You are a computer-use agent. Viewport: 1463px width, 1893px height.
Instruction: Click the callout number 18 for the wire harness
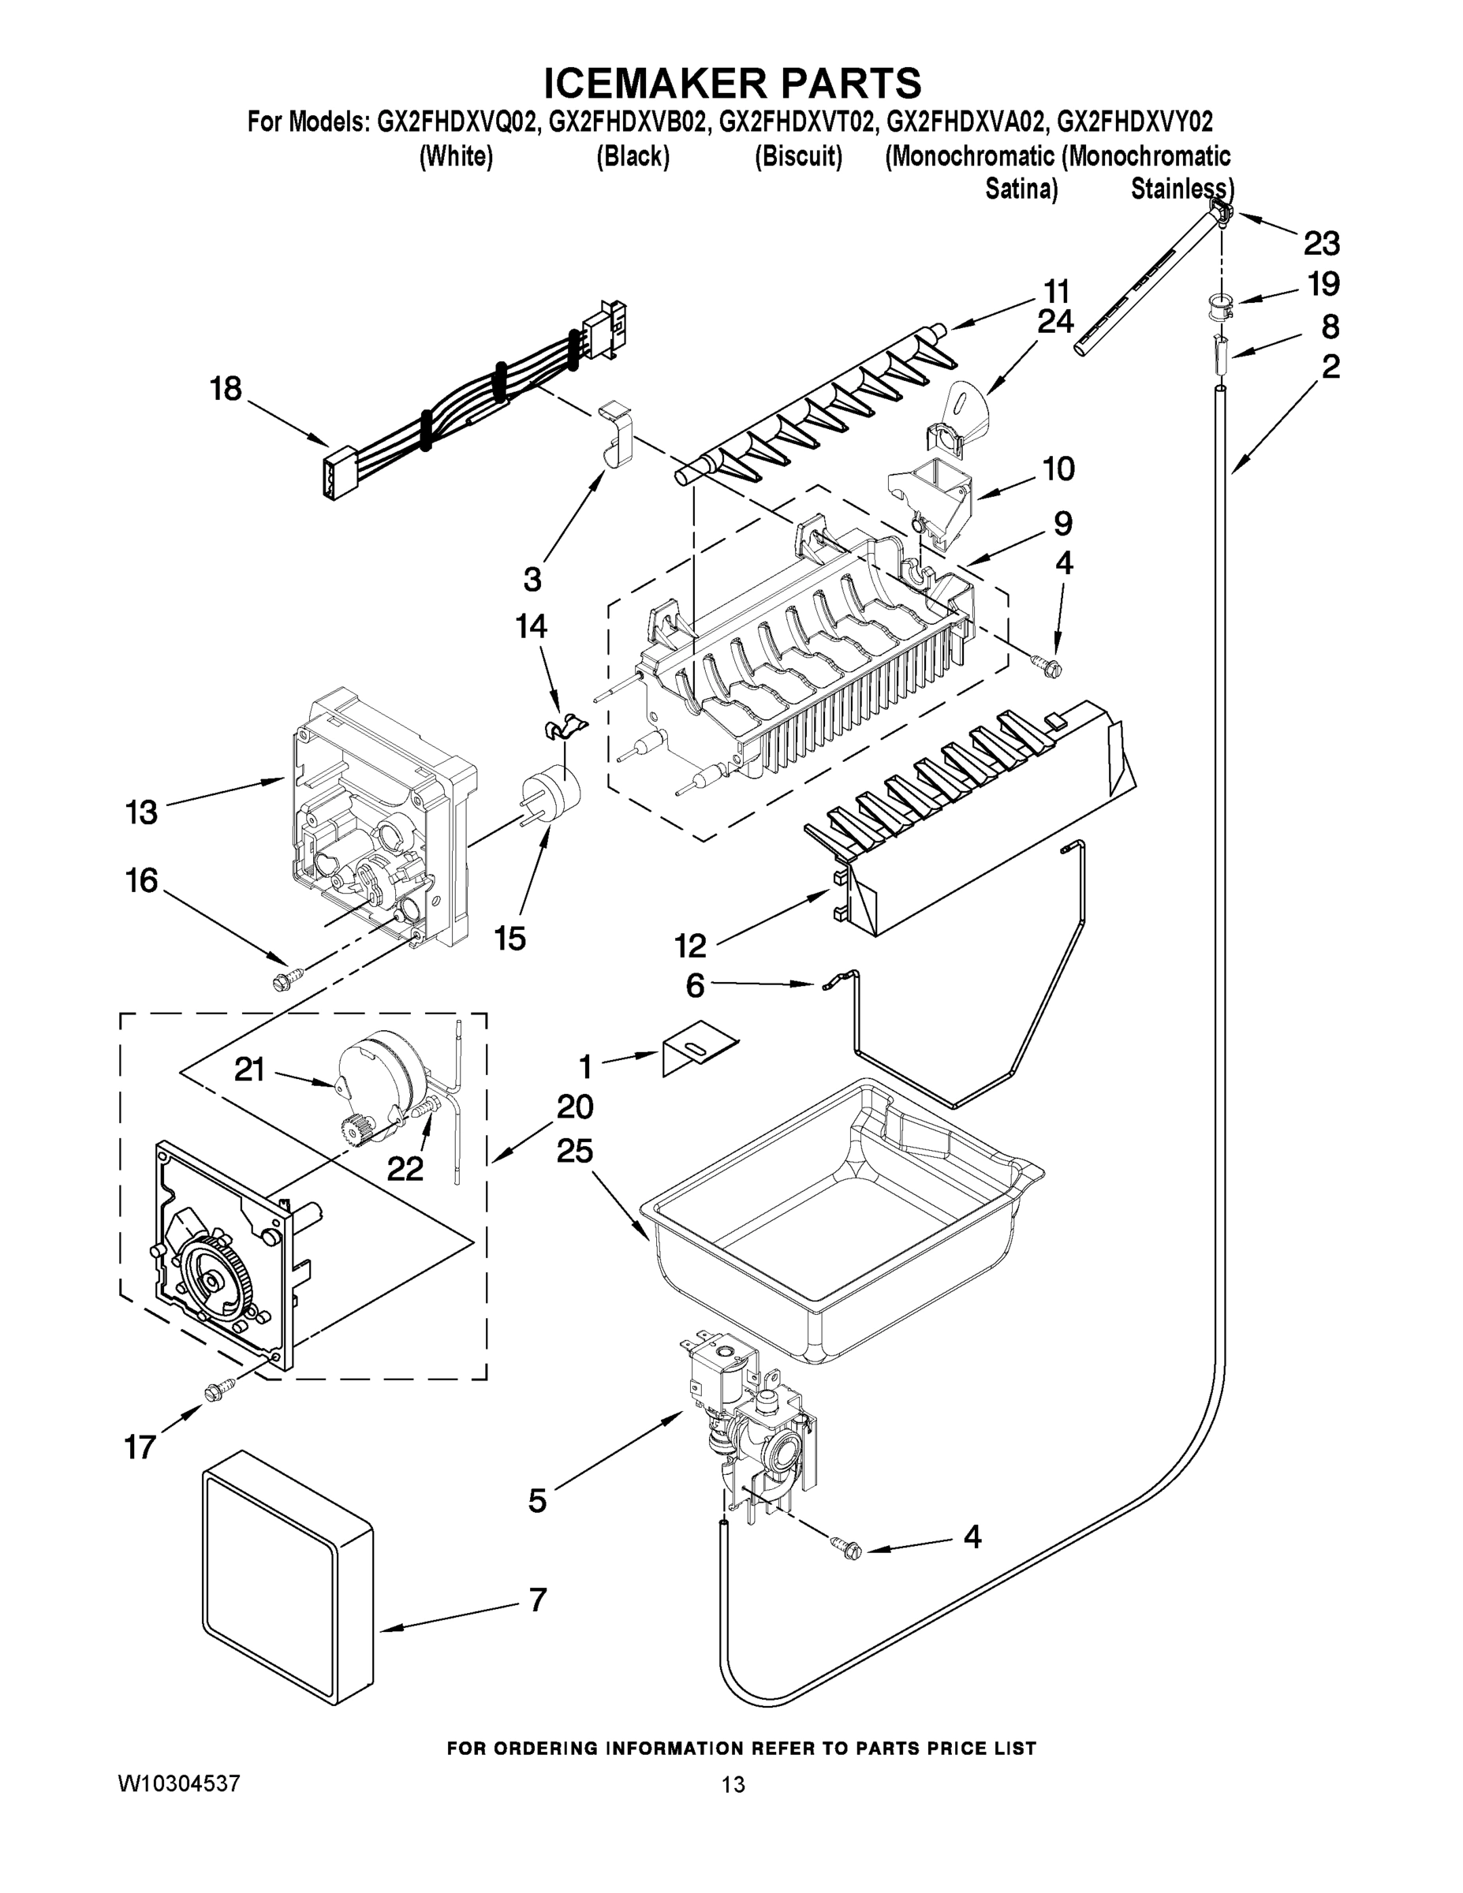pyautogui.click(x=226, y=388)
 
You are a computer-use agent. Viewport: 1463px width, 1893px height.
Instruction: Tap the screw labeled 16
pyautogui.click(x=283, y=979)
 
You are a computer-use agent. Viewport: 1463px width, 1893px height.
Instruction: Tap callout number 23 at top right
pyautogui.click(x=1321, y=244)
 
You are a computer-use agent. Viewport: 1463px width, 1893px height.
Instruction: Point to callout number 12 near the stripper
pyautogui.click(x=690, y=945)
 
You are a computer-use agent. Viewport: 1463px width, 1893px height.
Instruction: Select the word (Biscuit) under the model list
pyautogui.click(x=798, y=157)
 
